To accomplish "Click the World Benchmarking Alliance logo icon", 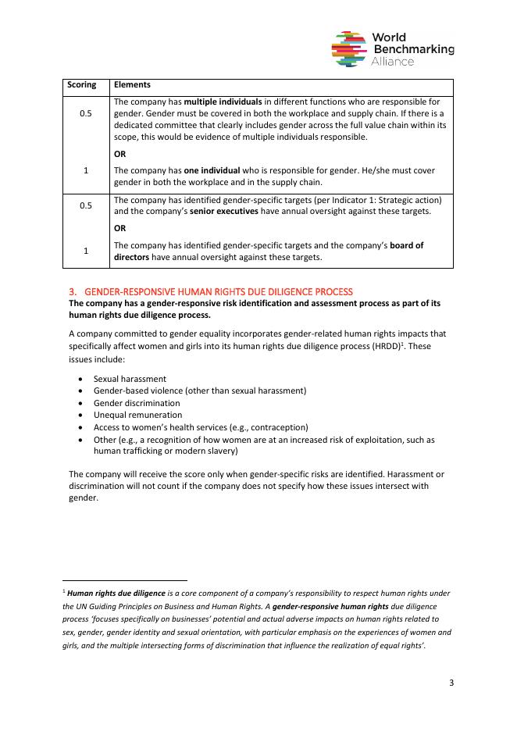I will pyautogui.click(x=349, y=48).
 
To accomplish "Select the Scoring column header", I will pyautogui.click(x=82, y=84).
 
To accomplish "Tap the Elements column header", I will pyautogui.click(x=132, y=84).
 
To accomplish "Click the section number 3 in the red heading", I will pyautogui.click(x=72, y=291).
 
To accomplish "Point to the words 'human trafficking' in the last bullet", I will pyautogui.click(x=126, y=451).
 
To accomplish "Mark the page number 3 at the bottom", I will pyautogui.click(x=451, y=683).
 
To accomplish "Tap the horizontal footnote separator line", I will pyautogui.click(x=124, y=580).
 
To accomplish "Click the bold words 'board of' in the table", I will pyautogui.click(x=405, y=245).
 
